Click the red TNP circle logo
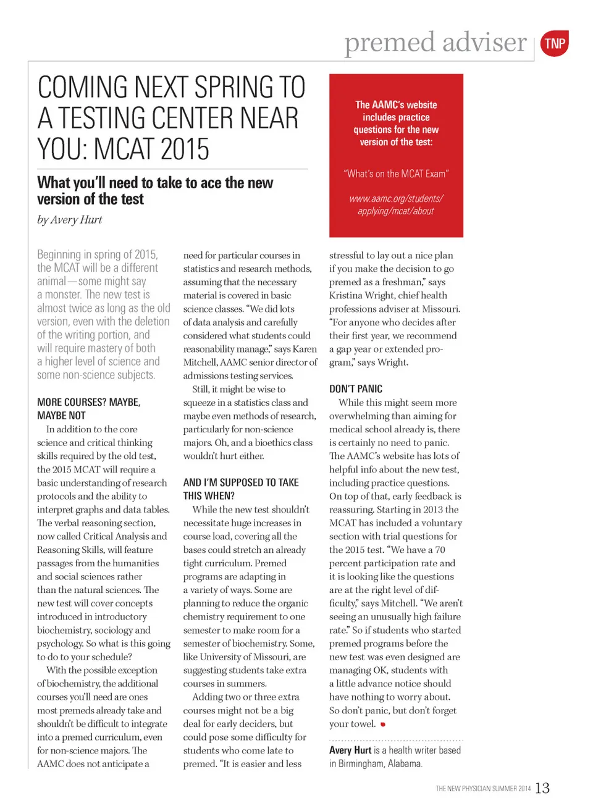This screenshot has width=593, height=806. (x=554, y=44)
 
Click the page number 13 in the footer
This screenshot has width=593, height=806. (x=542, y=788)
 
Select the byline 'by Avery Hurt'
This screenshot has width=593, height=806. (x=69, y=220)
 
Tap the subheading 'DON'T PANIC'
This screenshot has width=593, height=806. (x=356, y=389)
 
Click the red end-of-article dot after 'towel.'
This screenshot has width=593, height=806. (x=383, y=724)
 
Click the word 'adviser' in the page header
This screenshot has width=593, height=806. (x=484, y=42)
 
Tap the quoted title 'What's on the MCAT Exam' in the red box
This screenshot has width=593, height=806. (x=396, y=174)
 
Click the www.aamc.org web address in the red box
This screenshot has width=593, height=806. (x=396, y=205)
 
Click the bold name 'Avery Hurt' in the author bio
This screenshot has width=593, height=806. (x=350, y=750)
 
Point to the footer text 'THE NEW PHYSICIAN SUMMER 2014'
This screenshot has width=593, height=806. (x=483, y=789)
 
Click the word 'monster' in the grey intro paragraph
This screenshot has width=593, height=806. (x=63, y=295)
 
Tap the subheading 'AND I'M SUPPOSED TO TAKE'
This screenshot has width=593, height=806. (x=241, y=482)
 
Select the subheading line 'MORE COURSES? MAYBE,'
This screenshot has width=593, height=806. (x=89, y=402)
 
